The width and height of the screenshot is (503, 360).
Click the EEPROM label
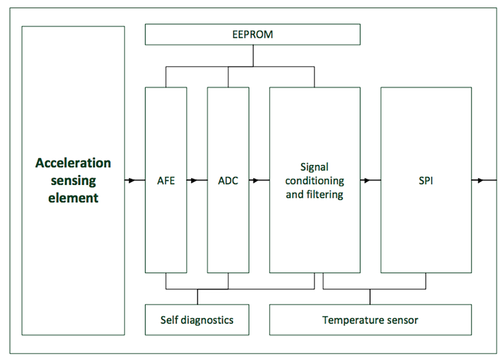[253, 35]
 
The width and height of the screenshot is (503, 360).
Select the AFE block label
[165, 181]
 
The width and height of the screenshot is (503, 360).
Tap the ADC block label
[228, 181]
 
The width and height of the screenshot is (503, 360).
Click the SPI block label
[426, 181]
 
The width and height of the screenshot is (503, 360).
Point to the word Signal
[314, 166]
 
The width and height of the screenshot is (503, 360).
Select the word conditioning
[314, 181]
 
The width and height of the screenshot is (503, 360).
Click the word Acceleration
[73, 163]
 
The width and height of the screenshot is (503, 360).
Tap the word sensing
[73, 180]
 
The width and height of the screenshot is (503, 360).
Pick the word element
[73, 198]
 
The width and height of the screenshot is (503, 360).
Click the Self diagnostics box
[197, 320]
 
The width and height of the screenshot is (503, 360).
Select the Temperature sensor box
[370, 320]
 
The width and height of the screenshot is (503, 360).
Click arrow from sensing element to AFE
[133, 181]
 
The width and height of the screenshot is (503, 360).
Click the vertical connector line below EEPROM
[253, 56]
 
